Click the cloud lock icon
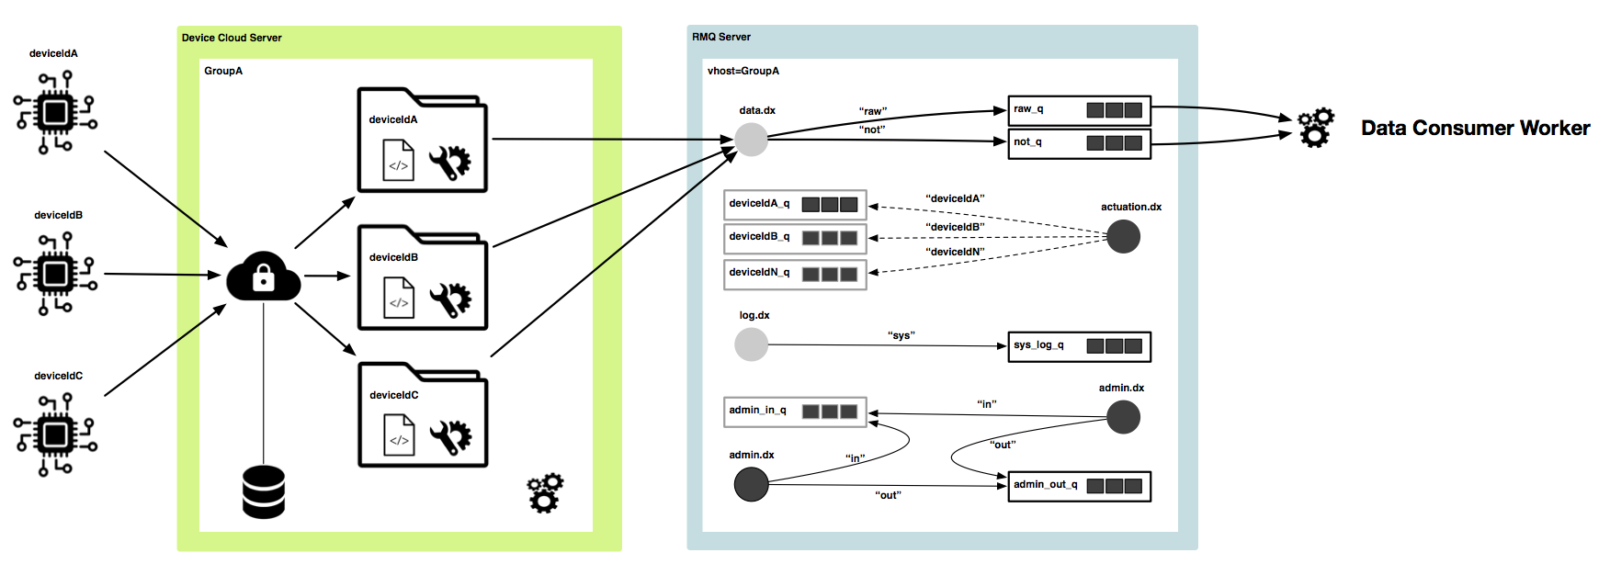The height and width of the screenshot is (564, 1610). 263,276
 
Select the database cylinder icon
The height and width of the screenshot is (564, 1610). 263,492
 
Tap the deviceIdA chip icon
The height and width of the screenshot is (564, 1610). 55,113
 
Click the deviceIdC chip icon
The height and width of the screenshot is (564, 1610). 55,434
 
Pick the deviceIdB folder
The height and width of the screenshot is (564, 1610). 422,278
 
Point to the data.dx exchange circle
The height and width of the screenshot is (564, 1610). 751,139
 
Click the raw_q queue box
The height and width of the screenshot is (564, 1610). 1079,110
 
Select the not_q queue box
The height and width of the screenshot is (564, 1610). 1079,143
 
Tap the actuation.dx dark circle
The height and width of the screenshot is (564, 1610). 1123,237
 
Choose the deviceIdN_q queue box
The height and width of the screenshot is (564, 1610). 795,274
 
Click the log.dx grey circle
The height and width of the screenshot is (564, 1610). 751,344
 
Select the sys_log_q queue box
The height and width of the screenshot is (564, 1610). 1079,346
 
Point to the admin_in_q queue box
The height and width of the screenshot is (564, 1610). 795,412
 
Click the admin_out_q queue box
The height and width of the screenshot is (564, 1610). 1079,486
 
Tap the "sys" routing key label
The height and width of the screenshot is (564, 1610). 901,335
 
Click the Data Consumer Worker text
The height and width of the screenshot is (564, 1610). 1475,128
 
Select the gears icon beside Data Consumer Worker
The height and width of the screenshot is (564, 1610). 1315,128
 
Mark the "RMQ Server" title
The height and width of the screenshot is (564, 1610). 721,37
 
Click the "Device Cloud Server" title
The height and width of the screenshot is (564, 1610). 232,38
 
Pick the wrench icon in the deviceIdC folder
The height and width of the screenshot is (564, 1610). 450,438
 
